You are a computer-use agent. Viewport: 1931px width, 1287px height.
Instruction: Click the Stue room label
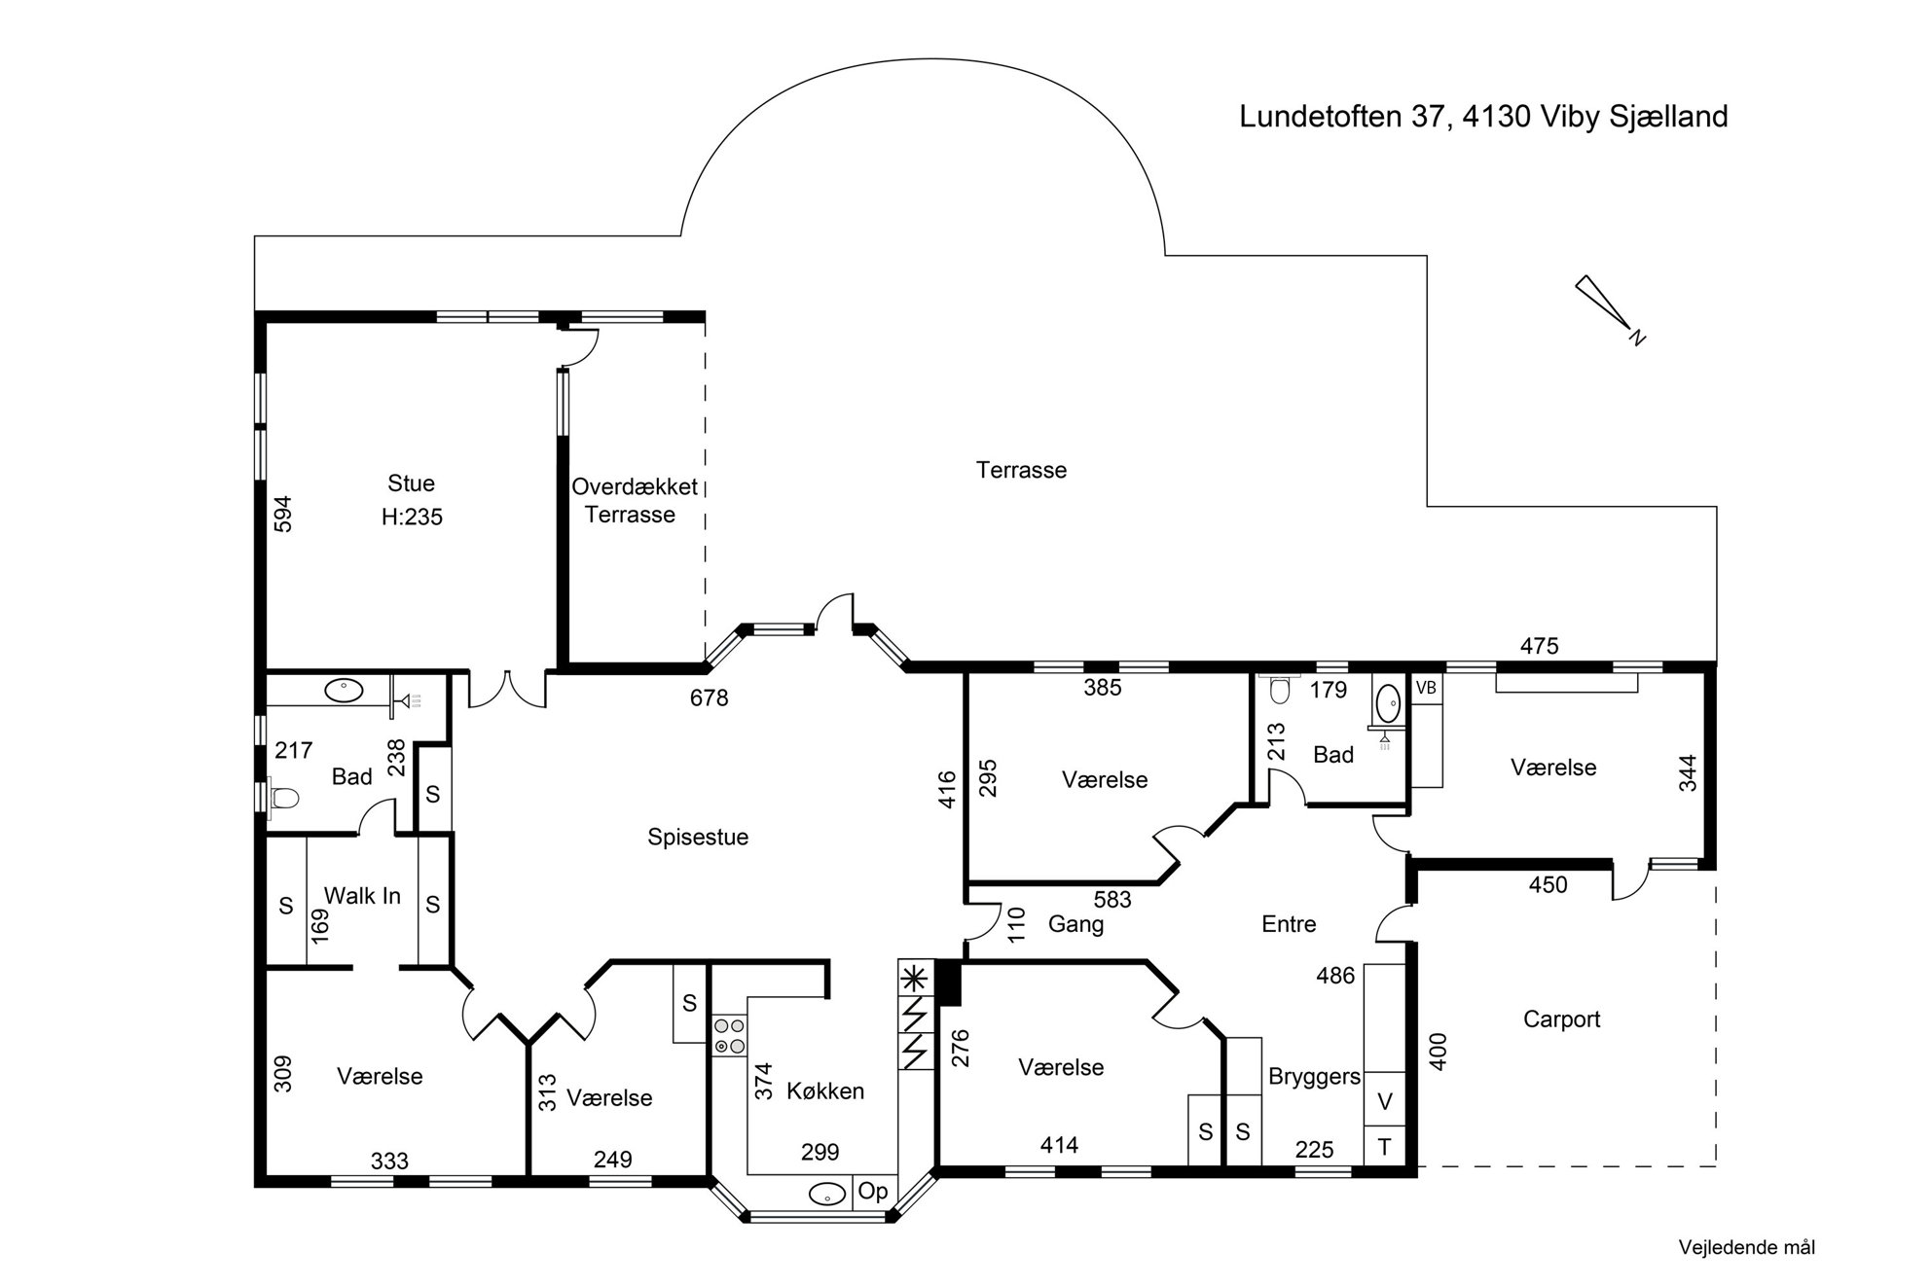[x=411, y=483]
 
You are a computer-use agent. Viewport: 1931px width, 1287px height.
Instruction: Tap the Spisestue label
[x=698, y=838]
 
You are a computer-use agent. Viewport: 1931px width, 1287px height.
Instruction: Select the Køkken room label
[x=825, y=1091]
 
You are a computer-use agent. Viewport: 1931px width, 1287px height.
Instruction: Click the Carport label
[x=1561, y=1019]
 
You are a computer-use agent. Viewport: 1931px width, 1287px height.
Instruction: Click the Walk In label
[x=362, y=896]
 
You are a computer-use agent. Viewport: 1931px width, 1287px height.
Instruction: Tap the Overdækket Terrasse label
[x=634, y=500]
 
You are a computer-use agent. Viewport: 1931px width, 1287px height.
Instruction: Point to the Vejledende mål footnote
[x=1747, y=1247]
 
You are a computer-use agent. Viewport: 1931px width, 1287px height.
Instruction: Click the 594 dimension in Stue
[x=283, y=514]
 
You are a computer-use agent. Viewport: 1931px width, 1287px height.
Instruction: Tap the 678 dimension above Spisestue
[x=709, y=697]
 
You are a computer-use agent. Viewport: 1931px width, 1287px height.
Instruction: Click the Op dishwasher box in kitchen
[x=873, y=1192]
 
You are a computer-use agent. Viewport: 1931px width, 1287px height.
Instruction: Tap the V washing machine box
[x=1385, y=1101]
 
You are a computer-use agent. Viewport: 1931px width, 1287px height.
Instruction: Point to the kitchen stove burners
[x=730, y=1036]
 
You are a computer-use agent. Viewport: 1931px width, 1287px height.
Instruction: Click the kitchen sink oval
[x=826, y=1194]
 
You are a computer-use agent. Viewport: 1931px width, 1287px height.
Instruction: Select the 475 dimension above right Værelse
[x=1539, y=646]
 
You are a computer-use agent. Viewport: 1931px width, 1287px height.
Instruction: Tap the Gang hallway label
[x=1075, y=924]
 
